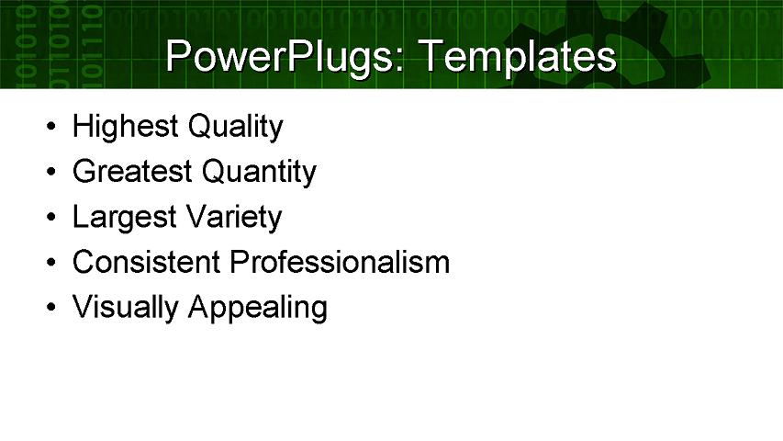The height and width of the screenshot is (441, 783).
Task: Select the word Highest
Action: [x=125, y=126]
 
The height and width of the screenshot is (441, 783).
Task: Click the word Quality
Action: [x=234, y=126]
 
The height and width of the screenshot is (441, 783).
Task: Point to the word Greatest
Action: [x=132, y=172]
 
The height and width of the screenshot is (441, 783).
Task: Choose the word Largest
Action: [x=124, y=218]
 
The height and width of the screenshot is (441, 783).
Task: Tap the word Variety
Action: [x=233, y=218]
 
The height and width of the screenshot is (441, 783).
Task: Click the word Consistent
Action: [x=146, y=263]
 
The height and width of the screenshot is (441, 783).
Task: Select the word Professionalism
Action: [x=340, y=263]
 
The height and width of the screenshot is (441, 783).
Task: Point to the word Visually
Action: [x=125, y=308]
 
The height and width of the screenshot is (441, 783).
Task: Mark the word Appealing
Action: [x=257, y=308]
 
